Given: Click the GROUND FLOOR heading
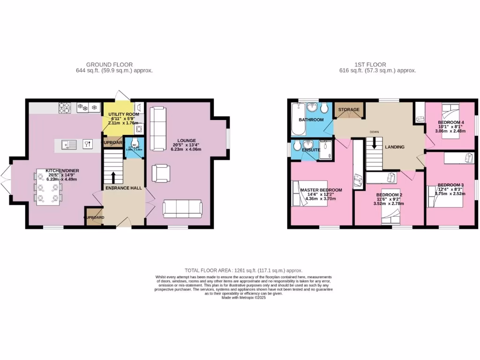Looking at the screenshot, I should [109, 65].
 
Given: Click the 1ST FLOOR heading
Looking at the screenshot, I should [370, 65].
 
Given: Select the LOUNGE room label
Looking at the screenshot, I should [187, 140].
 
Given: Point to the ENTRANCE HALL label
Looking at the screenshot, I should [124, 188].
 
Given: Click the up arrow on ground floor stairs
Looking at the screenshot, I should [113, 177].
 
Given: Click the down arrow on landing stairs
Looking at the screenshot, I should [374, 145].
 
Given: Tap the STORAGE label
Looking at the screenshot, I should [349, 110].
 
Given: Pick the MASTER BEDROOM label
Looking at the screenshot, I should [321, 190].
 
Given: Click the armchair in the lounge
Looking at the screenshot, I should [161, 173].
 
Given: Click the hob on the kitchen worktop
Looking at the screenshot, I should [64, 108].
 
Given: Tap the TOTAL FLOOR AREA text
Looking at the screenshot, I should [243, 270].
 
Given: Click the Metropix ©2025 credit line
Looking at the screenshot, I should [243, 298].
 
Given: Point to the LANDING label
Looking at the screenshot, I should [395, 147].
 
